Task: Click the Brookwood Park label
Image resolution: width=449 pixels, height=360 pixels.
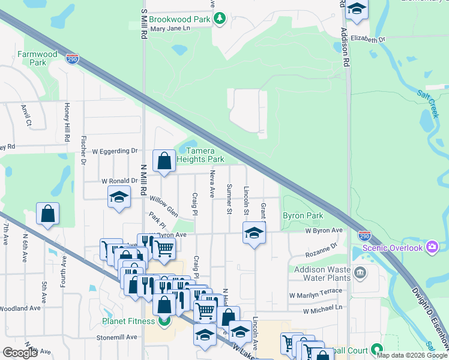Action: pos(179,19)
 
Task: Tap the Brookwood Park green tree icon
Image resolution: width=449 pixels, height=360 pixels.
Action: pos(220,19)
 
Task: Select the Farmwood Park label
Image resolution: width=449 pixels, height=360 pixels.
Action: pos(37,58)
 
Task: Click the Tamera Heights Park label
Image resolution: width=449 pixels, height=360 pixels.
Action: pos(204,155)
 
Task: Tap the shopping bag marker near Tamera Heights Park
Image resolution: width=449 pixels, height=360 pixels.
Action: pos(164,161)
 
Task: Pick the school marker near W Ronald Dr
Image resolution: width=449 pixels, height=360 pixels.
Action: pos(119,197)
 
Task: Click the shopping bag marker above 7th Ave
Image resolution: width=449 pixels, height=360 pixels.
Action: pos(47,214)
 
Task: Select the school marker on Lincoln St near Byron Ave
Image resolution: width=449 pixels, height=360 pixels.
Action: pos(254,233)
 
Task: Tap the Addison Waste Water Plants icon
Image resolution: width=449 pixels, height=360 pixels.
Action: pos(360,273)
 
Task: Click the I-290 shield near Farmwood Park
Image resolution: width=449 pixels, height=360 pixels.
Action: pos(72,59)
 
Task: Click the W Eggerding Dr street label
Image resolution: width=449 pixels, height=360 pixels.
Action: pos(110,151)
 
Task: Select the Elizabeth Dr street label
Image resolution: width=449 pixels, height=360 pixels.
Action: pos(368,39)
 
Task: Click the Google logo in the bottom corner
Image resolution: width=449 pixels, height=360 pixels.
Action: pos(20,352)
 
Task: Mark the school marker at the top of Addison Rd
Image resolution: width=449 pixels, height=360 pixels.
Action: pos(357,10)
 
